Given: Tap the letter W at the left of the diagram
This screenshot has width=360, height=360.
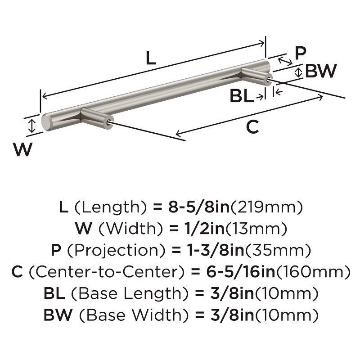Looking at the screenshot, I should coord(22,149).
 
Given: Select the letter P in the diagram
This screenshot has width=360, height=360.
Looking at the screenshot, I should coord(300,54).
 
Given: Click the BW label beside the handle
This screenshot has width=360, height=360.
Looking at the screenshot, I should coord(321,71).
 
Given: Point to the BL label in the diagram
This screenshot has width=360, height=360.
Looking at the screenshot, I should coord(242,96).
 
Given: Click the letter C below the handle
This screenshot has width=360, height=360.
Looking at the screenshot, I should coord(253,128).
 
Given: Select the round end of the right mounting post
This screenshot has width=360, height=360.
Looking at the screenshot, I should coord(270,81).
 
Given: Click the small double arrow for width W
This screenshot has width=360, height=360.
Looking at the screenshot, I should coord(31,126).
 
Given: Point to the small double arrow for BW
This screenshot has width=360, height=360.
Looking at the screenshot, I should coord(298,72).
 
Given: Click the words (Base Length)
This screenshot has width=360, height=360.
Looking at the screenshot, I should coord(127,294).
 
